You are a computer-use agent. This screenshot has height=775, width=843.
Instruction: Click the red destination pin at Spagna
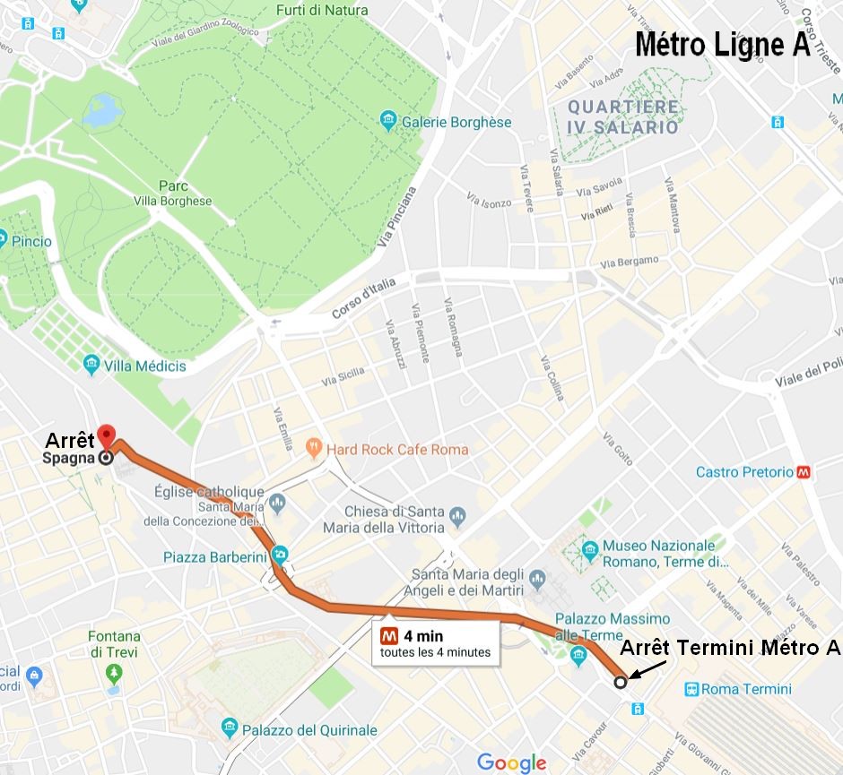[107, 436]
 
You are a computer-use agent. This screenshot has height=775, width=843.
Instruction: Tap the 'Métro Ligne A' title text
[723, 46]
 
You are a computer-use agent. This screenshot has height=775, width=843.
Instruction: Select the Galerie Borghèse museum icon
[388, 120]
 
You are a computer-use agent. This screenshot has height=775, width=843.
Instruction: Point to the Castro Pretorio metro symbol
[804, 472]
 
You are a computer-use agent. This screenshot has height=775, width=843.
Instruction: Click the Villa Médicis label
[143, 366]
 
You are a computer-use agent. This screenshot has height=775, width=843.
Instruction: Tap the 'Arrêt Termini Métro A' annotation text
[731, 647]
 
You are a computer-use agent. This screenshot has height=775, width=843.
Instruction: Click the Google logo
[511, 762]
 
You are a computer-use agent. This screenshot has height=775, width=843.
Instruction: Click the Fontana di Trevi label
[113, 644]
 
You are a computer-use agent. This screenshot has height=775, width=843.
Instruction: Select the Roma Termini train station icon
[691, 689]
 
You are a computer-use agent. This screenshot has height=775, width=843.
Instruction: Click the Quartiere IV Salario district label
[623, 116]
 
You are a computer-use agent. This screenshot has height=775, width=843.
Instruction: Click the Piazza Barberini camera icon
[281, 555]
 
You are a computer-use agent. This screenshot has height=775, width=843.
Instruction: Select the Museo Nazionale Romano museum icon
[590, 548]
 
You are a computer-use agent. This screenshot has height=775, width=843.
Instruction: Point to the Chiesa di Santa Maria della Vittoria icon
[458, 515]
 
